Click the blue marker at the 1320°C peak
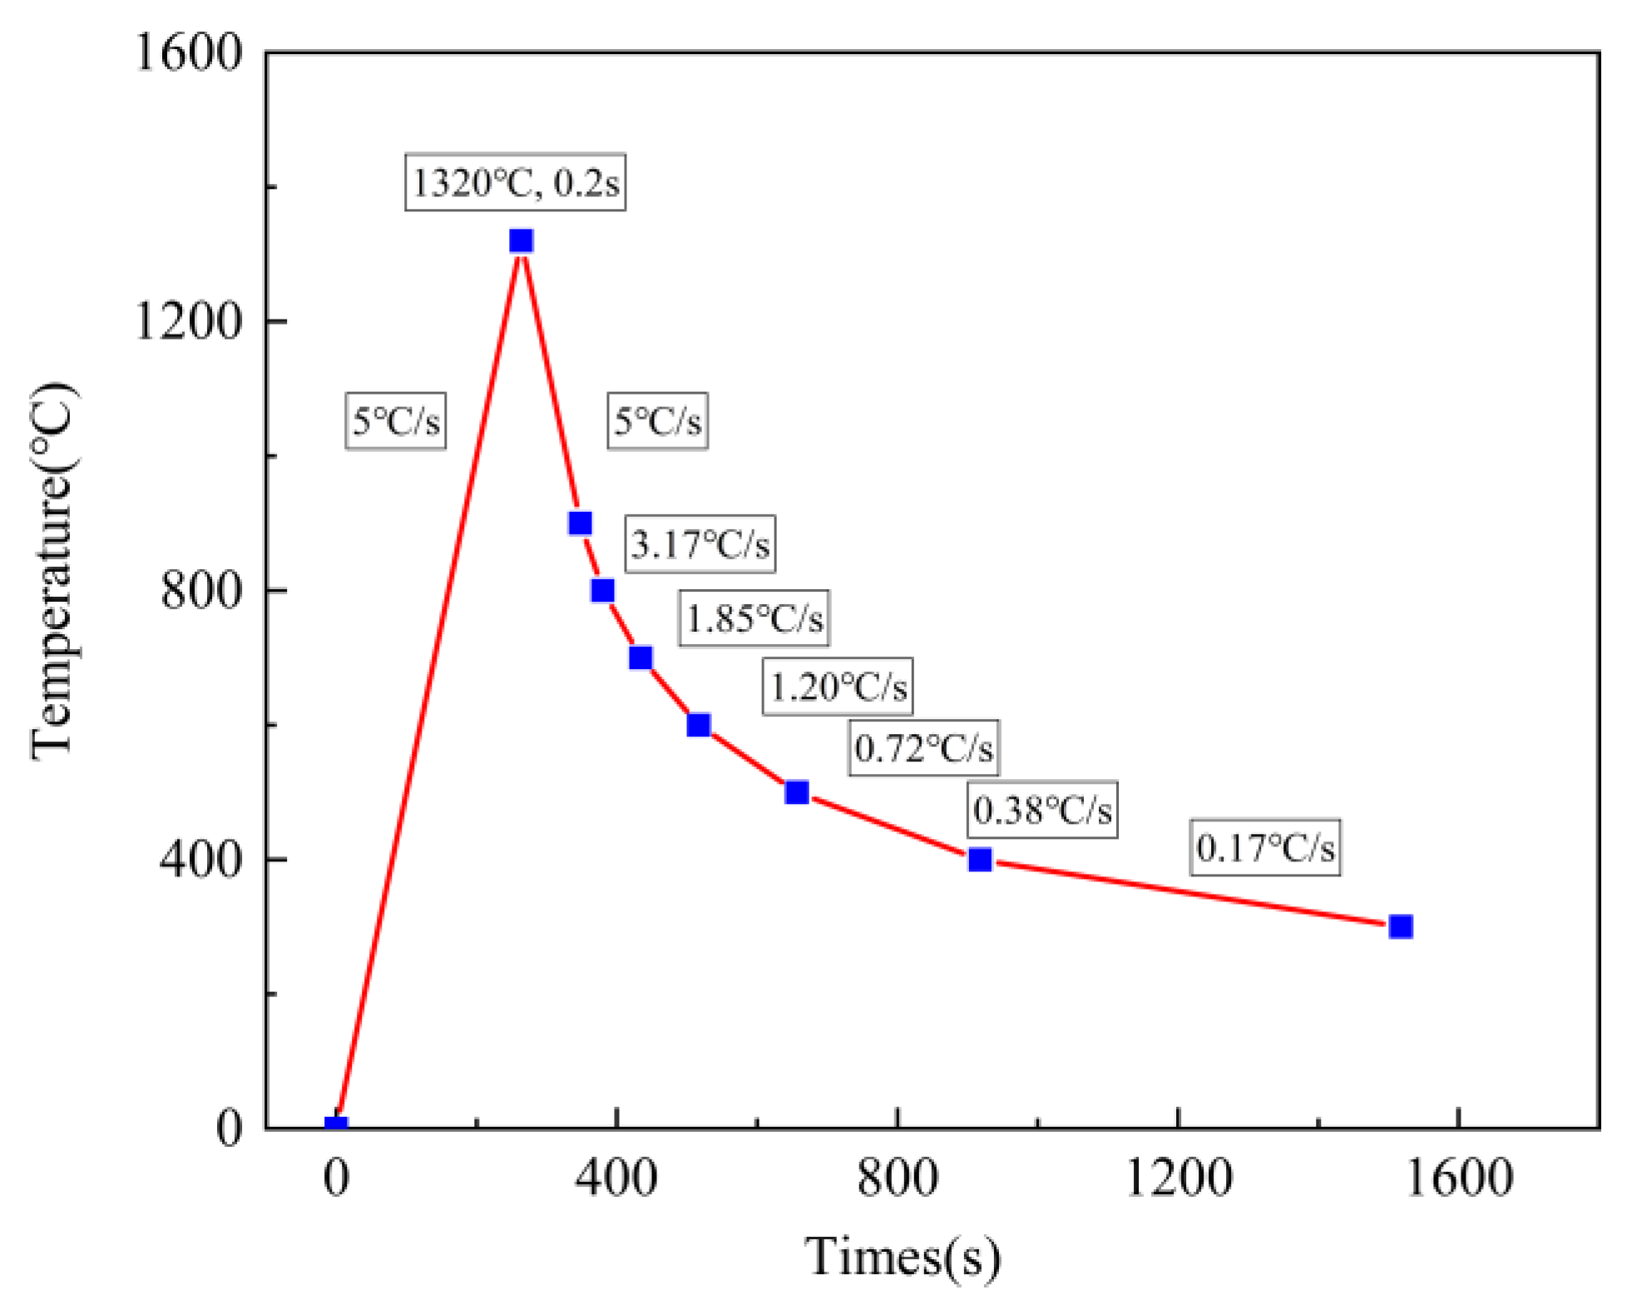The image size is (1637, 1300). tap(521, 241)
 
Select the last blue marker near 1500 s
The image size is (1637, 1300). tap(1401, 926)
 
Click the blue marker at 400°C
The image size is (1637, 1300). tap(980, 859)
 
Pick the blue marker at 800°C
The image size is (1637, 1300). tap(602, 590)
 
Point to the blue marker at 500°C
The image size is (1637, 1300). tap(796, 792)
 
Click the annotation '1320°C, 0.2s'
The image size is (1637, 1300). tap(515, 182)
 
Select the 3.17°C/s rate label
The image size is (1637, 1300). tap(700, 544)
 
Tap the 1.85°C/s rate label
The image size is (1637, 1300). tap(754, 618)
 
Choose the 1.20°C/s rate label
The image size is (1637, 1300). tap(838, 687)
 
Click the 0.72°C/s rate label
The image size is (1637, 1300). tap(923, 748)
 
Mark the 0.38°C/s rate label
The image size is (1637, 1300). tap(1041, 809)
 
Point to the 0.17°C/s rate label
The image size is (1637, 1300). tap(1264, 847)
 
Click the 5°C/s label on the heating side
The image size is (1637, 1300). tap(395, 421)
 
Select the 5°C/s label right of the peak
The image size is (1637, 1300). tap(657, 421)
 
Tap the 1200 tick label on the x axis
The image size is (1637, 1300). tap(1178, 1178)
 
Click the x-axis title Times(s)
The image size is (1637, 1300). tap(902, 1257)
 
